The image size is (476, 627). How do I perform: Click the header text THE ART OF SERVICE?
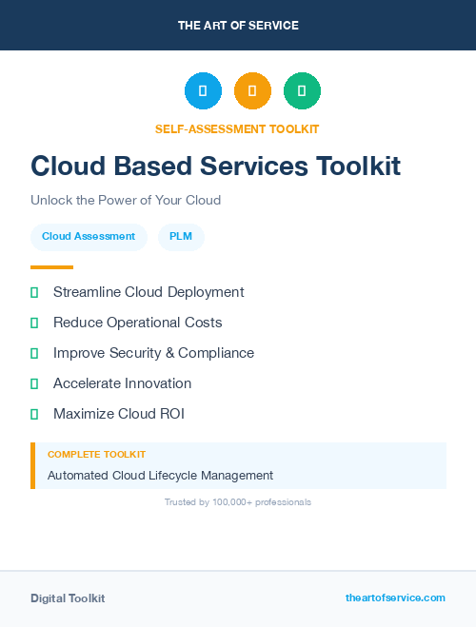click(x=238, y=26)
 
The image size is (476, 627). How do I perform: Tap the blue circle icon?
click(x=203, y=91)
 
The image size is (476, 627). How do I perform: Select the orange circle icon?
click(x=252, y=91)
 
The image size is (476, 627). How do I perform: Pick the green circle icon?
click(x=302, y=91)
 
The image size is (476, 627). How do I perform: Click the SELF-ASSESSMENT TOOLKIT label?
click(x=237, y=128)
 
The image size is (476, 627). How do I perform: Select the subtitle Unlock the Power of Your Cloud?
click(x=126, y=201)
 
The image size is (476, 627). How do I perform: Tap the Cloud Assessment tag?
click(x=89, y=236)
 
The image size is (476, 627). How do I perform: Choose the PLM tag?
click(x=181, y=236)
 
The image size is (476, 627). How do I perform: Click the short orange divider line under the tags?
click(x=51, y=267)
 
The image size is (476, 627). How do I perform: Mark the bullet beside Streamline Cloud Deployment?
click(x=34, y=293)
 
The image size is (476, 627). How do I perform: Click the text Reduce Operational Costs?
click(x=138, y=323)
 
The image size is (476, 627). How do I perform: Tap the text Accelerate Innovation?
click(x=123, y=383)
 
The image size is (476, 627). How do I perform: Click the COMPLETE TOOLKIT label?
click(x=96, y=455)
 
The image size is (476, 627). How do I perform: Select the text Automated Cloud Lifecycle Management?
click(x=160, y=475)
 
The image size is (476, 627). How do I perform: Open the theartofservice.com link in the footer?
click(x=395, y=598)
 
